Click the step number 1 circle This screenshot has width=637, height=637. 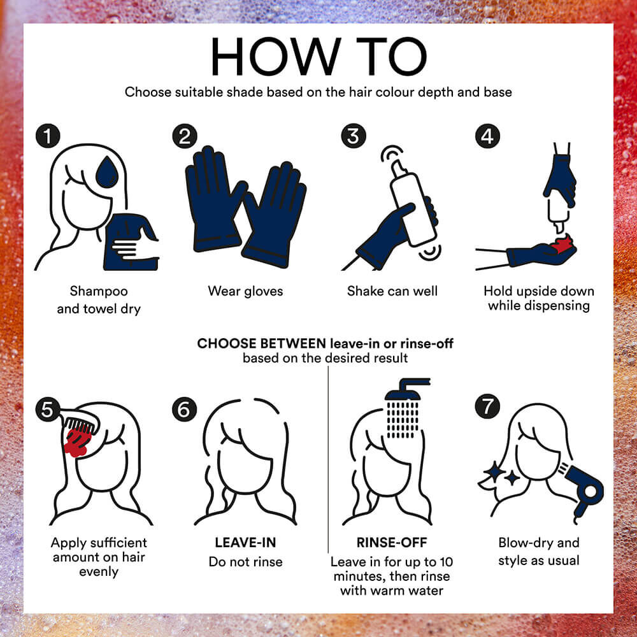click(x=48, y=136)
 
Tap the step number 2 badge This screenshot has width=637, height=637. click(x=185, y=136)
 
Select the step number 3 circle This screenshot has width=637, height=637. click(x=354, y=136)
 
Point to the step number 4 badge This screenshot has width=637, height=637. click(x=487, y=136)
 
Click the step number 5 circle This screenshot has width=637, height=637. click(x=48, y=409)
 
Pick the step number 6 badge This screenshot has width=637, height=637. click(x=185, y=409)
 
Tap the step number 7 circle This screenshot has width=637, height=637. click(x=487, y=406)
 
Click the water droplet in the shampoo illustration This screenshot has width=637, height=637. click(x=107, y=172)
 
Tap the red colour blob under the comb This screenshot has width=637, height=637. click(x=77, y=443)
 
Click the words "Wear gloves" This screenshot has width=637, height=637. click(x=245, y=291)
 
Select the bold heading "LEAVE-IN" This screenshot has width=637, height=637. click(x=245, y=542)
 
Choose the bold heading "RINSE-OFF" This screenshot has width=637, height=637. click(x=392, y=542)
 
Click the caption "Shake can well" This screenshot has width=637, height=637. click(x=392, y=291)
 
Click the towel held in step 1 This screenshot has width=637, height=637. click(x=131, y=242)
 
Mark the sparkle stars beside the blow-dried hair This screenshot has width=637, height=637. click(x=502, y=474)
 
